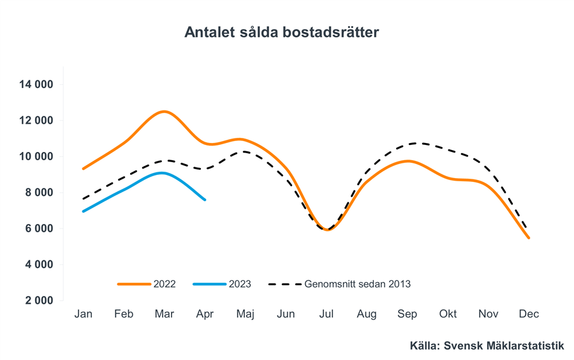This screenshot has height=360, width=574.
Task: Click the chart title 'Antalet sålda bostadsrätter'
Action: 281,32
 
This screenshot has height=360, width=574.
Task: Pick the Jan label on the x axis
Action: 84,314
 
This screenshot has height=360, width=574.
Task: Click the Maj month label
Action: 246,314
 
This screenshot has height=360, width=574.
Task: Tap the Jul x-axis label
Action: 327,314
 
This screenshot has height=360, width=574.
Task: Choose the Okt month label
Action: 448,314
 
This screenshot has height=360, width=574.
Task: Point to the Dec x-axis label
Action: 529,314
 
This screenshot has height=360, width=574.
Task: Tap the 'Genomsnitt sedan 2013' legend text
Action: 357,284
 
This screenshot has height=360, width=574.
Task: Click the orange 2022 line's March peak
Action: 165,112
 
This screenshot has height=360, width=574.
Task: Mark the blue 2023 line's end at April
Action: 205,200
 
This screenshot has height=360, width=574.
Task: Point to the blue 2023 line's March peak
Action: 163,173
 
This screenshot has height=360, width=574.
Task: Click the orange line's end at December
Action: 529,237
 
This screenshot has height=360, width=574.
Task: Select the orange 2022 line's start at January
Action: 84,169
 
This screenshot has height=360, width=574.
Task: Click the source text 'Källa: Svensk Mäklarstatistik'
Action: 487,346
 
